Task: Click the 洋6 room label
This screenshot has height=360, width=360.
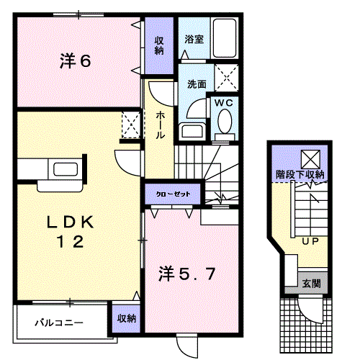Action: point(75,62)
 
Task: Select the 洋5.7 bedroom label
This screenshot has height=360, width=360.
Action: point(186,274)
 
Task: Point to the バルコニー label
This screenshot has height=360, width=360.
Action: point(60,323)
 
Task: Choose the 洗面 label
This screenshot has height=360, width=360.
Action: point(197,84)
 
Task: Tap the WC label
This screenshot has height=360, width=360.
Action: point(224,103)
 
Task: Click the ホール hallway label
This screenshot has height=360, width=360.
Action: point(159,125)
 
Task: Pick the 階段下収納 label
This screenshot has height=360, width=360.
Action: point(300,174)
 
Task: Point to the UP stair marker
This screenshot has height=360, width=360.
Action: point(311,241)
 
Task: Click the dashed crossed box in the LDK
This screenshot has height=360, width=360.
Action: point(130,124)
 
